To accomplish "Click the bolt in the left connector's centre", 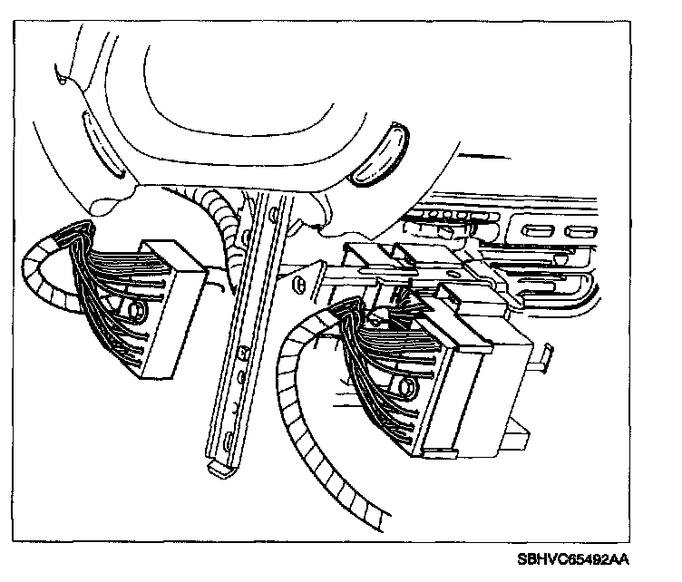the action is tap(137, 311).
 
